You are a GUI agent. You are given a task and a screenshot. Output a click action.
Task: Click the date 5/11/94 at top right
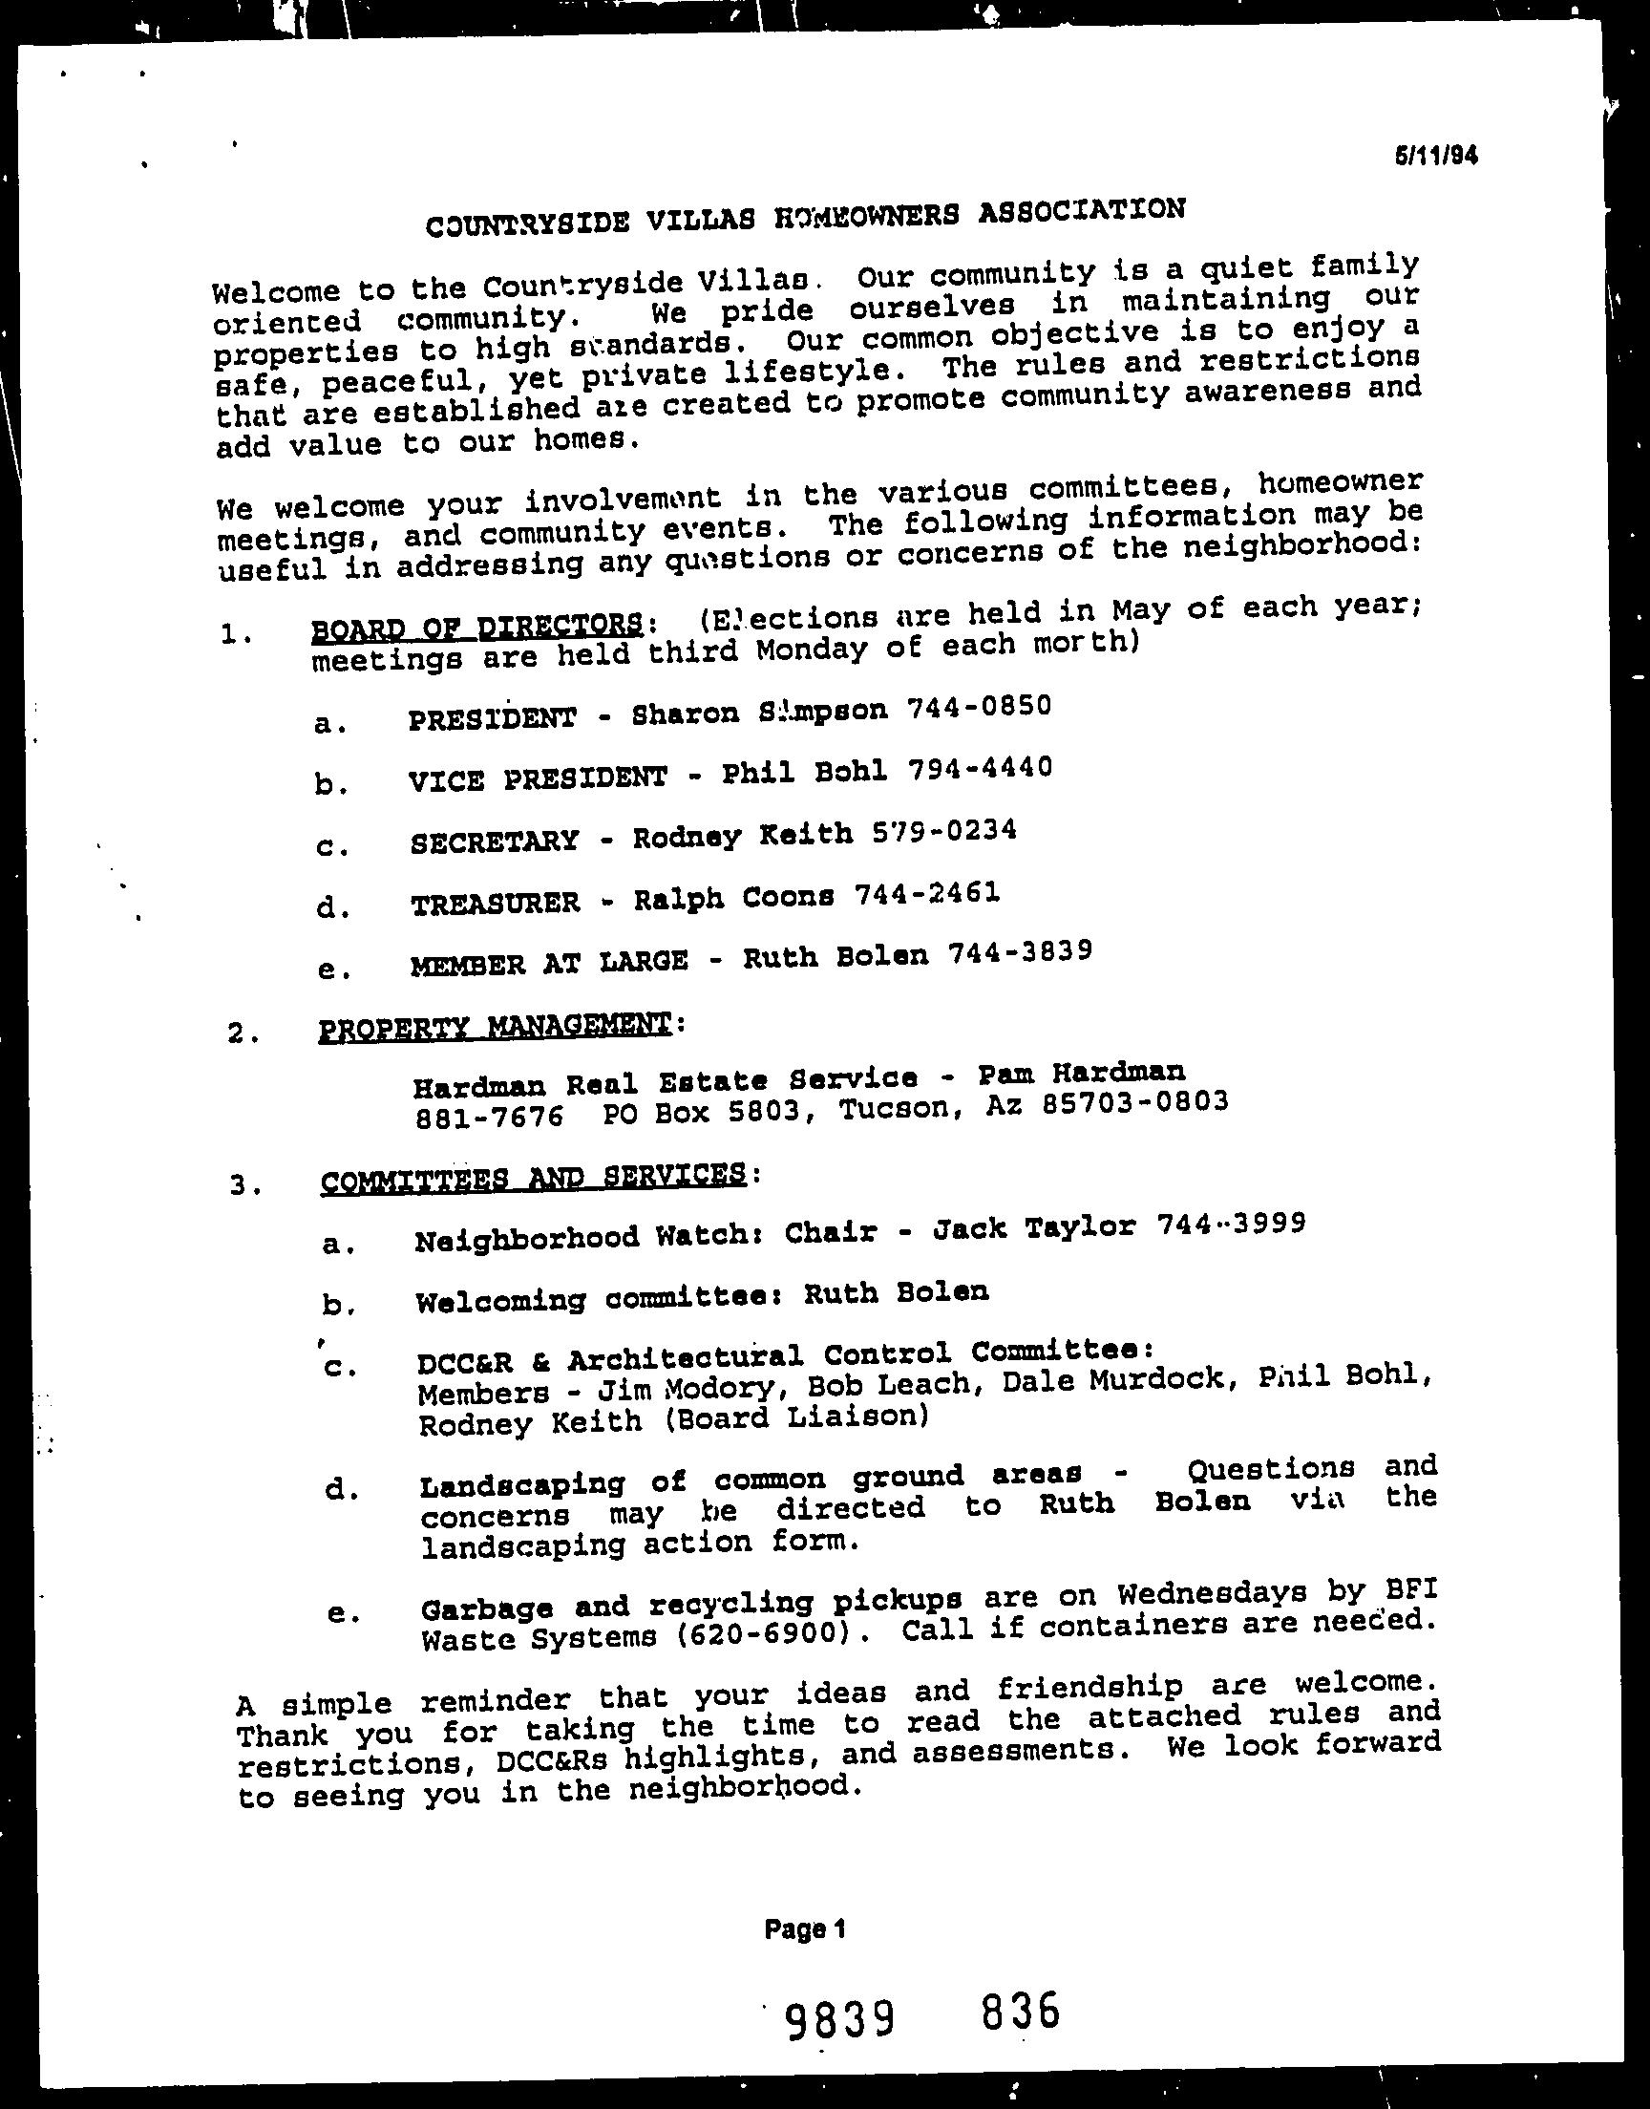click(1434, 156)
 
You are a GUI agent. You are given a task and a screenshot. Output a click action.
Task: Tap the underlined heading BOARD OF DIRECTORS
click(476, 625)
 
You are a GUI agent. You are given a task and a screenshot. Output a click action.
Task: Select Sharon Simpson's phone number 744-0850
click(979, 707)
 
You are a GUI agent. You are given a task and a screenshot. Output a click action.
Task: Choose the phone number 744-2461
click(926, 895)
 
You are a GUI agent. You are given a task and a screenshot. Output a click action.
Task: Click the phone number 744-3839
click(1020, 953)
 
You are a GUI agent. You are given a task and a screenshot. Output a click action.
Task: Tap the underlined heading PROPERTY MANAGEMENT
click(494, 1026)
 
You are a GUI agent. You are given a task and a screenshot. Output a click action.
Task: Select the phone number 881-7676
click(488, 1118)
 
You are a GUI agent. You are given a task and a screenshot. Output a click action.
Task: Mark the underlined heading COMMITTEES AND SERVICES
click(532, 1178)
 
